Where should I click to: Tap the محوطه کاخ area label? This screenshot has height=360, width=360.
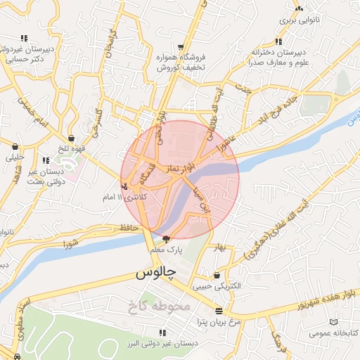(x=160, y=307)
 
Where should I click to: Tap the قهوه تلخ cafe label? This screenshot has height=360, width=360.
(x=74, y=148)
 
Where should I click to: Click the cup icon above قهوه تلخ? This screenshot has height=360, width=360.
(x=72, y=138)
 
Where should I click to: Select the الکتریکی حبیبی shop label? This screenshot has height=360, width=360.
(x=221, y=286)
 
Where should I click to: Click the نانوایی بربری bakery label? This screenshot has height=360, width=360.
(x=300, y=20)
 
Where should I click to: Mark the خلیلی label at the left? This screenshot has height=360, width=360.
(x=15, y=157)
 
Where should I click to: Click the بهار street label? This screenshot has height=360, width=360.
(x=219, y=247)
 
